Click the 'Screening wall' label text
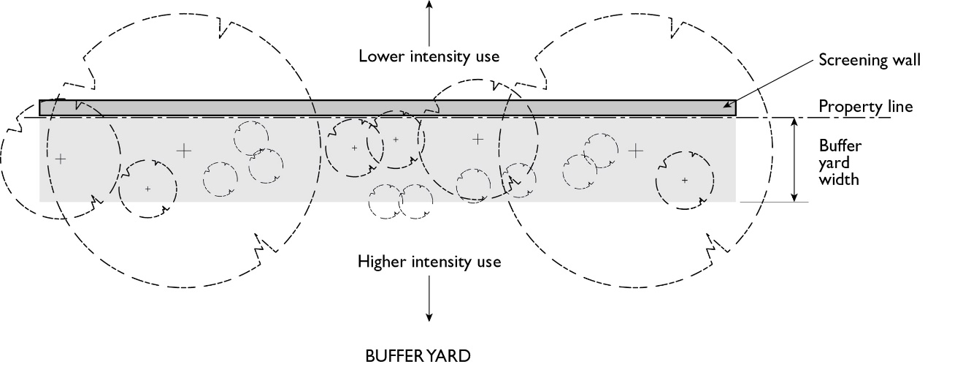[x=869, y=60]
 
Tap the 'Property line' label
[x=865, y=107]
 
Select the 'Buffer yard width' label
[x=838, y=161]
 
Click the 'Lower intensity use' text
[x=429, y=56]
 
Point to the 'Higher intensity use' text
[x=429, y=261]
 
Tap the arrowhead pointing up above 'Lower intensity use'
[x=429, y=4]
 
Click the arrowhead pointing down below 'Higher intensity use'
[x=429, y=317]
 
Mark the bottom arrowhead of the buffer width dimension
[x=794, y=197]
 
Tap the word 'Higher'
[x=380, y=261]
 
